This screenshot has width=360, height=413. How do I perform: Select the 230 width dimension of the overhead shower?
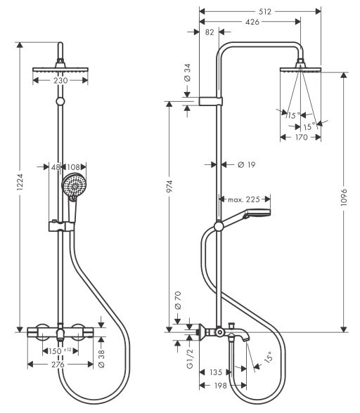(x=62, y=81)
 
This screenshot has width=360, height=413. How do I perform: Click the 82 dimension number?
(x=209, y=33)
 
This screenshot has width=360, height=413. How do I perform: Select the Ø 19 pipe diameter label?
(x=236, y=164)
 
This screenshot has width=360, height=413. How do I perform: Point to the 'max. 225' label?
(x=244, y=199)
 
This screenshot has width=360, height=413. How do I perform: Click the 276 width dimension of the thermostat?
(x=61, y=364)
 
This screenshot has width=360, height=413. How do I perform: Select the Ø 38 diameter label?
(x=103, y=357)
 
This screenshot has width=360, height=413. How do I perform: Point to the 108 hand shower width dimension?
(x=74, y=167)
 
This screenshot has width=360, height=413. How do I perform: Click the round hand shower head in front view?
(x=71, y=186)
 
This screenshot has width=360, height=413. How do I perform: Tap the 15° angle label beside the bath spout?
(x=266, y=360)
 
